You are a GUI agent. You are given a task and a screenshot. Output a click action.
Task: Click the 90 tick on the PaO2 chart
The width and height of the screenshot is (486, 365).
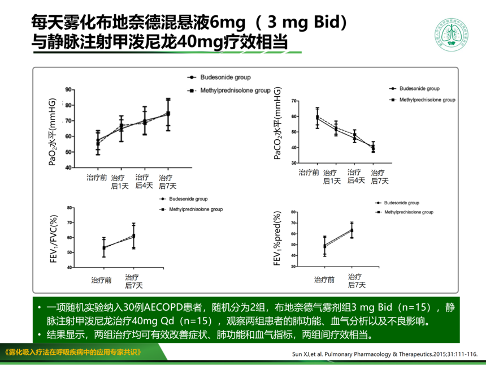67,89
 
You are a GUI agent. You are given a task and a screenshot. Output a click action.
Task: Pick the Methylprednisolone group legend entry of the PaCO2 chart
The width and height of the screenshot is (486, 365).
422,100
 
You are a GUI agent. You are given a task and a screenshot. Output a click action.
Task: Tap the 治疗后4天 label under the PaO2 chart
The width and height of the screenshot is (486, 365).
144,181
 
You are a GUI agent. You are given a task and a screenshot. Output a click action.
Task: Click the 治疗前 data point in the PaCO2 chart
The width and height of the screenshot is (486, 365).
317,118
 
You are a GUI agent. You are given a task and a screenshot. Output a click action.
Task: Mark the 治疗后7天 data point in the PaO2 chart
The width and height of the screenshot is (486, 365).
167,114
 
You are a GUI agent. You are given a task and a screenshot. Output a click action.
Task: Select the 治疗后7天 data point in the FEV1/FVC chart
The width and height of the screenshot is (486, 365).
134,235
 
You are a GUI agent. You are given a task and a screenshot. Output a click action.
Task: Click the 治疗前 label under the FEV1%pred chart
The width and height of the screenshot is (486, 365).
324,280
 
